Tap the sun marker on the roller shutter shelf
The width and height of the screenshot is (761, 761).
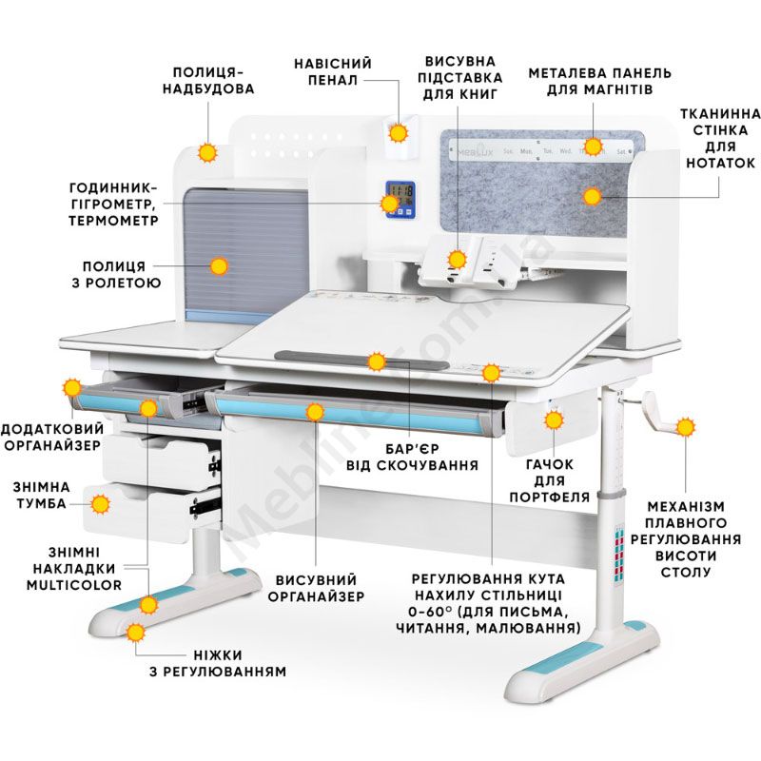pyautogui.click(x=220, y=266)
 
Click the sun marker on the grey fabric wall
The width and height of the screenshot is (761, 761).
pyautogui.click(x=592, y=197)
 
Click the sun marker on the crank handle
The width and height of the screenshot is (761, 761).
pyautogui.click(x=685, y=427)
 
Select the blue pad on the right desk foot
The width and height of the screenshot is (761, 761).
pyautogui.click(x=574, y=657)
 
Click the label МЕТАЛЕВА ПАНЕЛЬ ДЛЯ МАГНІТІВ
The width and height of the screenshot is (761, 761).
pyautogui.click(x=599, y=80)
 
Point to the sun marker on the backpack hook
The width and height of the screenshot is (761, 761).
pyautogui.click(x=555, y=420)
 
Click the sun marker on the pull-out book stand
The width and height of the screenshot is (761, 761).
pyautogui.click(x=458, y=259)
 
